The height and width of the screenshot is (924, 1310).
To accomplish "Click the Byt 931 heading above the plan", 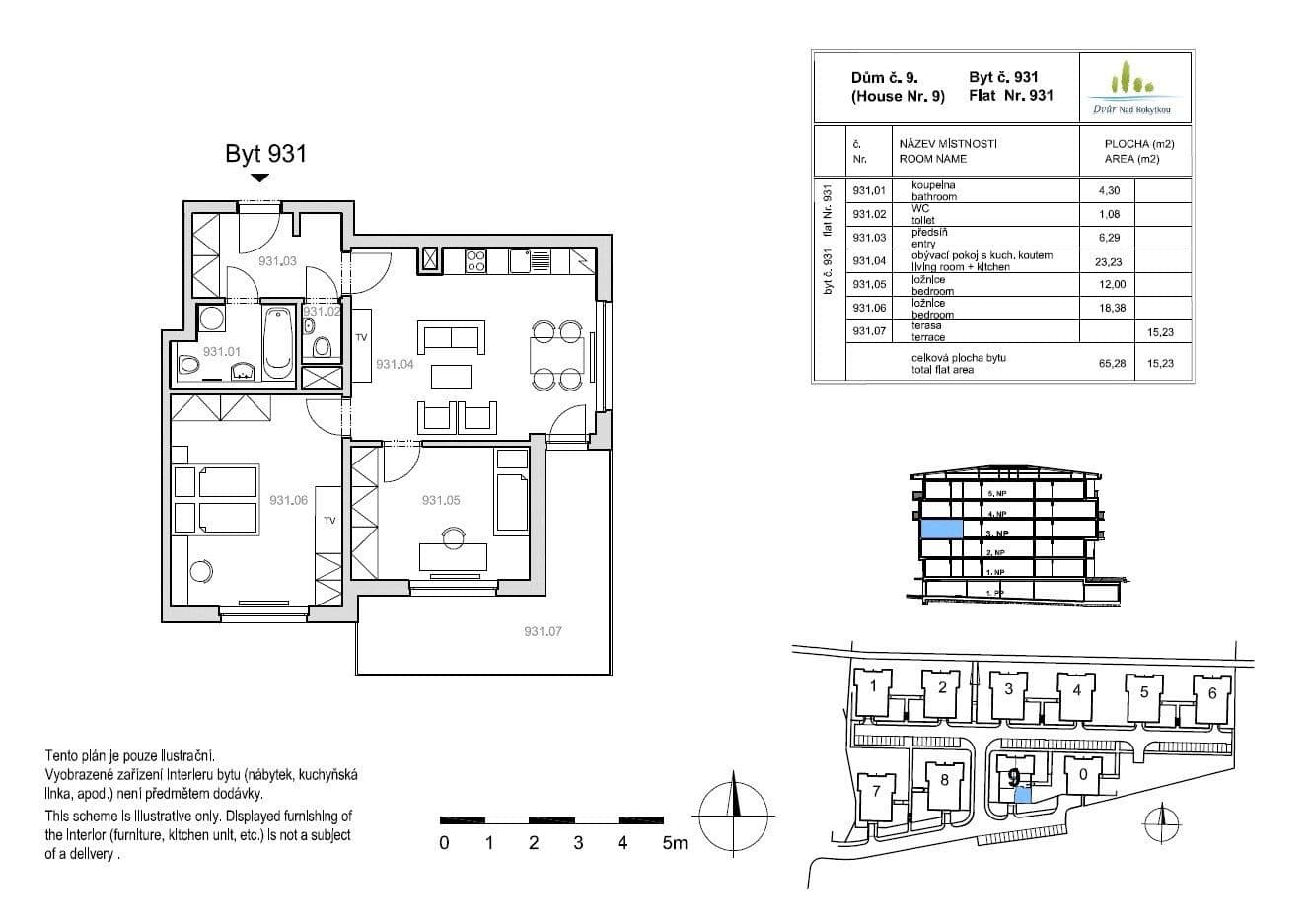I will pos(265,154).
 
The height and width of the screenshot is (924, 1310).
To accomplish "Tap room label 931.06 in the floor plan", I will pos(289,501).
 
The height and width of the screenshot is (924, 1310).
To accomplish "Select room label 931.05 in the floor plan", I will pos(440,501).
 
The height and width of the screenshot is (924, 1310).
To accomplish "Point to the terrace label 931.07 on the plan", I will pos(543,632).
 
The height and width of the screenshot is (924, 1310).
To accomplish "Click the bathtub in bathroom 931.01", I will pos(278,341).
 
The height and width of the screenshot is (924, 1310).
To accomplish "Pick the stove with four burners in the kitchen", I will pos(475,260).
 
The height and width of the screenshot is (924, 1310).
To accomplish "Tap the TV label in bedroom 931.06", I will pos(329,521).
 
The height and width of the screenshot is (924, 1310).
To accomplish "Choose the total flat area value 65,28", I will pos(1111,364).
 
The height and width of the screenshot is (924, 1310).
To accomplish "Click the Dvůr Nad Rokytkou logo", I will pos(1133,89).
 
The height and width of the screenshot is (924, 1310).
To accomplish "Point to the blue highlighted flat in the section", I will pos(940,530).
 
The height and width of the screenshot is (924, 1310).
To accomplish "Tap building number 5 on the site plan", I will pos(1143,692).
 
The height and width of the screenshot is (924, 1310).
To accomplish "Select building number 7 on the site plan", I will pos(874,791).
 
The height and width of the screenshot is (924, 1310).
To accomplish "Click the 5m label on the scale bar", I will pos(675,843).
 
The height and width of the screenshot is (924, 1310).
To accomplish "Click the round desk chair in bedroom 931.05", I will pos(453,536).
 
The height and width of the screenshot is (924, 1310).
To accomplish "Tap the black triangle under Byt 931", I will pos(259,178).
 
